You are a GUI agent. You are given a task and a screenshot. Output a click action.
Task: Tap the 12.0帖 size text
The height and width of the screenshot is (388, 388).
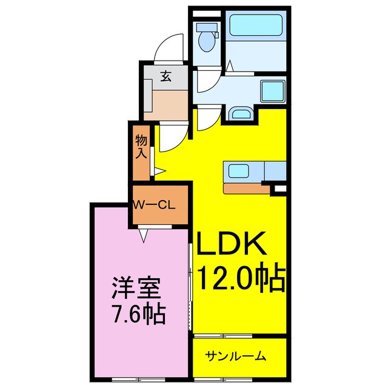(x=240, y=279)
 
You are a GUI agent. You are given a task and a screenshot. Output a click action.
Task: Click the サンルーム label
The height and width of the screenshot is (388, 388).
(x=235, y=355)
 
